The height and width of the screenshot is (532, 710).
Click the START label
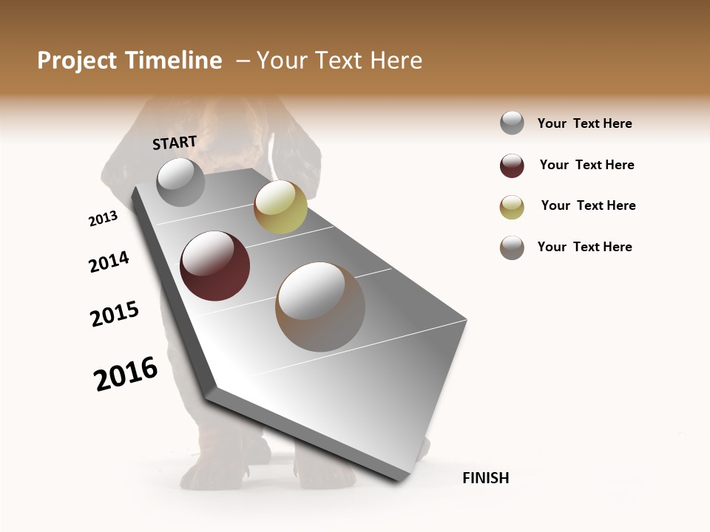coord(175,143)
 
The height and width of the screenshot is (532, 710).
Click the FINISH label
coord(485,478)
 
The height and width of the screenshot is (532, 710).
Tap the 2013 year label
coord(103,219)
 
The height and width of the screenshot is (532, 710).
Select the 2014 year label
coord(109,262)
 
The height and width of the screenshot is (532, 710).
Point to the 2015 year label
coord(115,314)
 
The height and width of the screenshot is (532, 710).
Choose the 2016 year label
coord(126,374)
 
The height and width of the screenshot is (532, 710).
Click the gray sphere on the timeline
coord(180,182)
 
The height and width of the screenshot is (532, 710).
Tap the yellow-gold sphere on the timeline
coord(280,207)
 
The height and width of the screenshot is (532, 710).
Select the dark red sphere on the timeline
coord(215,266)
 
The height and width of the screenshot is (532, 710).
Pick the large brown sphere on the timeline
coord(320,307)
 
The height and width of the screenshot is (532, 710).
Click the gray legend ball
coord(512,123)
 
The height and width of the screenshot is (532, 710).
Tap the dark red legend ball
coord(512,166)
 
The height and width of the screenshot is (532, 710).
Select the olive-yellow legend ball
coord(512,206)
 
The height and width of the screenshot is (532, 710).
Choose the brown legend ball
coord(512,248)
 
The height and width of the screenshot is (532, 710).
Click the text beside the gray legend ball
coord(584,123)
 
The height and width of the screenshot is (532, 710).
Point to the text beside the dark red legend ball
coord(586,165)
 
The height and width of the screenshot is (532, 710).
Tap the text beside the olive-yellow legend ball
coord(588,205)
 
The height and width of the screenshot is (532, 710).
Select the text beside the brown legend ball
coord(584,247)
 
